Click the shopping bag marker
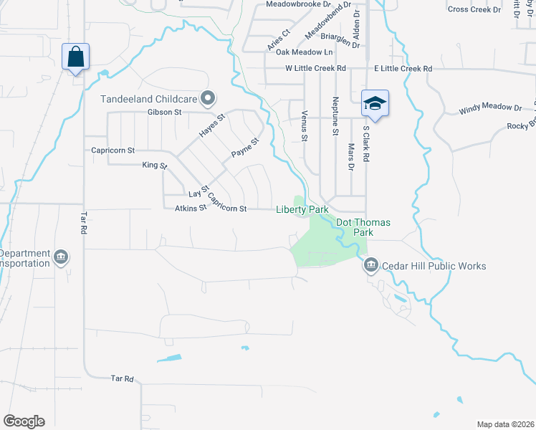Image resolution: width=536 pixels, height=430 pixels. coord(76,57)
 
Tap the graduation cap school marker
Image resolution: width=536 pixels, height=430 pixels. coord(375,103)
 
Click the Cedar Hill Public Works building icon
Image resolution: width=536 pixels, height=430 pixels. coord(370,267)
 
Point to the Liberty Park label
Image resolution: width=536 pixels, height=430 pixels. coord(302,209)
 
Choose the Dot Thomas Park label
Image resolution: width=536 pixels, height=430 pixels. coord(364,228)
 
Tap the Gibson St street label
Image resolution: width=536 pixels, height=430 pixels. coord(165,113)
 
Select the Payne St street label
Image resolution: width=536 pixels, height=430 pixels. coord(244,148)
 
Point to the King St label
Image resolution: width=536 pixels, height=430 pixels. coord(154,166)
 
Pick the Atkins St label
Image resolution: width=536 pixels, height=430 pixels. coord(190,209)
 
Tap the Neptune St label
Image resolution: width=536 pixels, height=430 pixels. coord(335,116)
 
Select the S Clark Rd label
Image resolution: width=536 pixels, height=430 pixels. coord(365,143)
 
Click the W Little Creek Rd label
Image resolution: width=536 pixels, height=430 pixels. coord(315,68)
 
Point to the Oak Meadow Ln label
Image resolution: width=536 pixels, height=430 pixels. coord(305,52)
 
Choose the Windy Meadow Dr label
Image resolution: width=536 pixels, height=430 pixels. coord(490,108)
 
